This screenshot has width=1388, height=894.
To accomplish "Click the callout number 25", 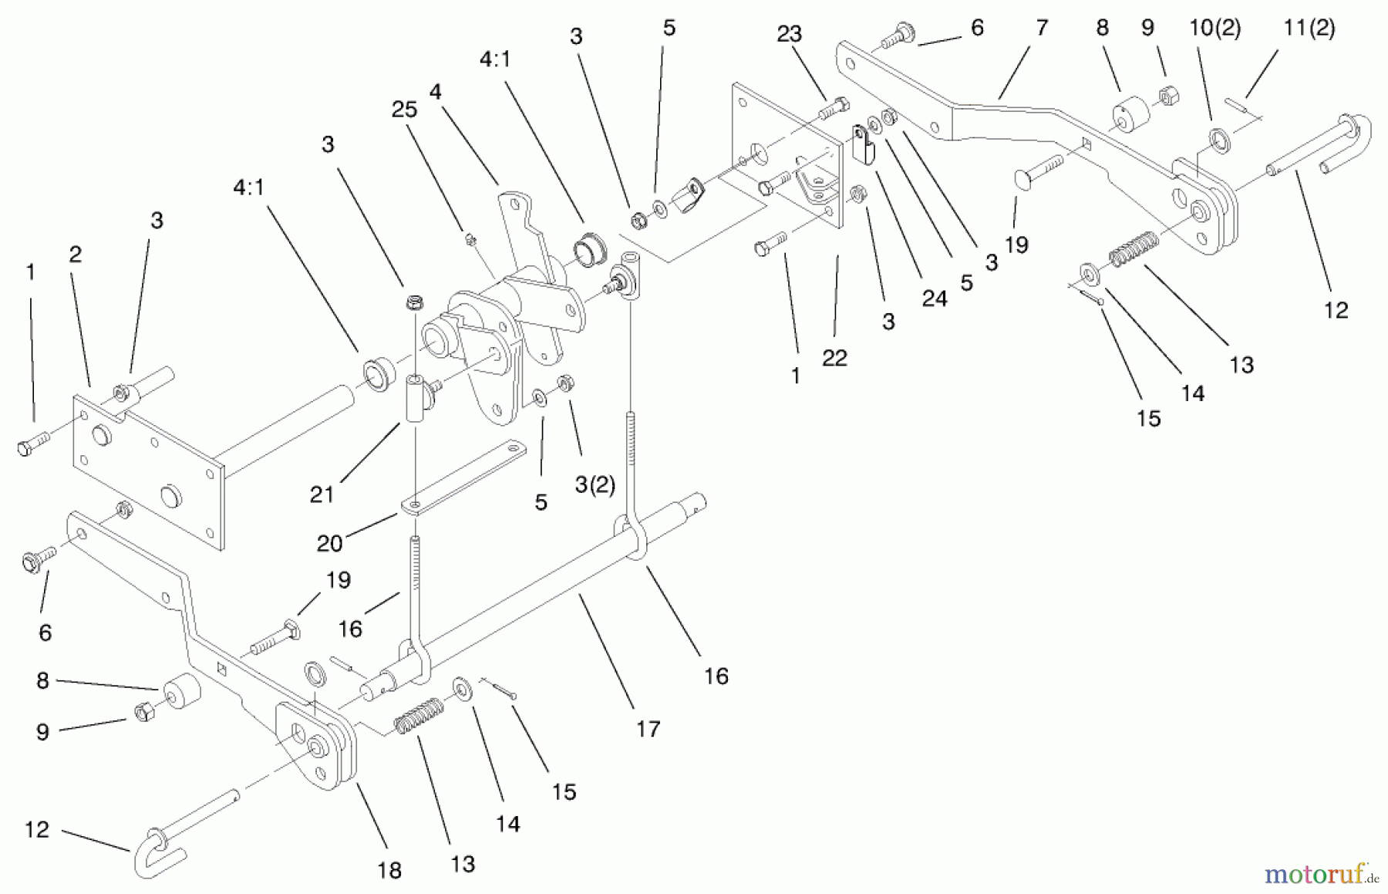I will coord(404,110).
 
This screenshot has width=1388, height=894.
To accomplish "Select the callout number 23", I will coord(789,34).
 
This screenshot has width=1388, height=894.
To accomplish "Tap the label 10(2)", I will coord(1214,29).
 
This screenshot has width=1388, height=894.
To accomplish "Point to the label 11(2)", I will coord(1309,29).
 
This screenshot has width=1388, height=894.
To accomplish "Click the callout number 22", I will coord(834,358).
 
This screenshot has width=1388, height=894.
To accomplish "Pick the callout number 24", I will coord(934,299).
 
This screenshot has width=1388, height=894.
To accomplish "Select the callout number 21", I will coord(322,494).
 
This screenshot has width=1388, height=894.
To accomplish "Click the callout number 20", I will coord(329,544).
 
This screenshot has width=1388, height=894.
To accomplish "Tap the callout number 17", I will coord(648,729).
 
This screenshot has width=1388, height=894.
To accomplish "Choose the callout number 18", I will coord(389,871).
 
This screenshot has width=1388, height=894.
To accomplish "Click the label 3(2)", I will coord(595,485).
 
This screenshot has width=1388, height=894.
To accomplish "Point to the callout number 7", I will coord(1042,29).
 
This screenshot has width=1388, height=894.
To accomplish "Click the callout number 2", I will coord(75,255).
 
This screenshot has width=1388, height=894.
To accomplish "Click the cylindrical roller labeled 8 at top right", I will coord(1130,113).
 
